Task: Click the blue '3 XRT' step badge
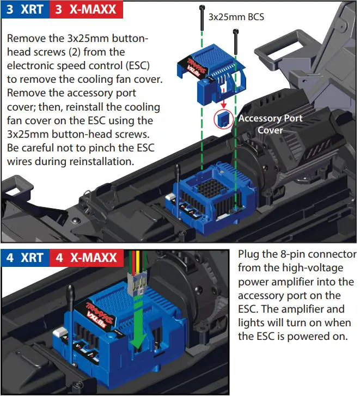[25, 9]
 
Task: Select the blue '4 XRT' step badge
[25, 257]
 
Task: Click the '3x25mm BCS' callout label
[236, 17]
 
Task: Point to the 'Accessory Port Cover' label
[270, 124]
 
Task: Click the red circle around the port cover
[222, 119]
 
